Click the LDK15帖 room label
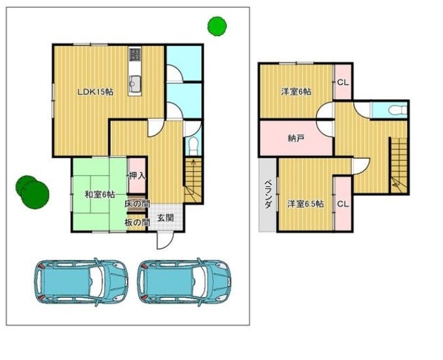click(96, 92)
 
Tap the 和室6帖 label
click(100, 195)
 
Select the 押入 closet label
click(138, 176)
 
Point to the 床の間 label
click(137, 204)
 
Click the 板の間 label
click(137, 222)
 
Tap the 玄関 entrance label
click(165, 218)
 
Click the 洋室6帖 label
click(296, 92)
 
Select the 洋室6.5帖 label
click(305, 204)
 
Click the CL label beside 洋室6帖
click(343, 83)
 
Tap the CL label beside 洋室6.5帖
click(343, 204)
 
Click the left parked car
click(81, 282)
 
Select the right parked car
click(184, 282)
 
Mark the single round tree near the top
click(217, 26)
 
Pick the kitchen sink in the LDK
click(135, 84)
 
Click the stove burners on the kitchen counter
click(135, 54)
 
